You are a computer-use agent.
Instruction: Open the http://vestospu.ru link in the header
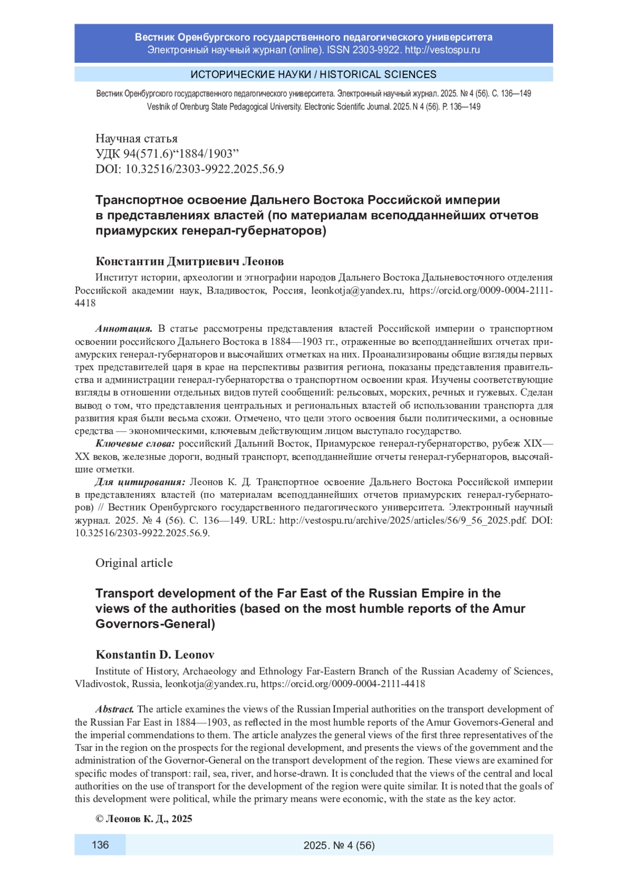[x=442, y=50]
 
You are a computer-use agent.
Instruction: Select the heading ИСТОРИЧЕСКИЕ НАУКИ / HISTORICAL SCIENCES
[x=313, y=74]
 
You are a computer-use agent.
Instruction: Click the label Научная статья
[x=136, y=138]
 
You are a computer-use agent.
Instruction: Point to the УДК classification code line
[x=167, y=153]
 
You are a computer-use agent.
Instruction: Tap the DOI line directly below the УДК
[x=189, y=168]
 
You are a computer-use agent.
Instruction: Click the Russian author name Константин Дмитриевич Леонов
[x=189, y=261]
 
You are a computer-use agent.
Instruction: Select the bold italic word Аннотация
[x=124, y=329]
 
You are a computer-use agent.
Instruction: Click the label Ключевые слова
[x=135, y=444]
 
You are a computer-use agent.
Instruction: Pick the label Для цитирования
[x=140, y=482]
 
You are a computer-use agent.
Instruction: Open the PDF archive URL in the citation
[x=403, y=520]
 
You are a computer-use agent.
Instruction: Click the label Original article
[x=134, y=563]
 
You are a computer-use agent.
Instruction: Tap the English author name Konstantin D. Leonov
[x=155, y=655]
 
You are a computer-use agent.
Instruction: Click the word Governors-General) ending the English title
[x=155, y=624]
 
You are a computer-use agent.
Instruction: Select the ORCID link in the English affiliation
[x=343, y=684]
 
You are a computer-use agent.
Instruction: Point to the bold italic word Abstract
[x=115, y=709]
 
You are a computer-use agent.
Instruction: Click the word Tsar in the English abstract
[x=84, y=748]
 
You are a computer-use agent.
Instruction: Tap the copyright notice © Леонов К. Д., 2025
[x=144, y=819]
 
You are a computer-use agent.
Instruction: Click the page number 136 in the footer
[x=100, y=845]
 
